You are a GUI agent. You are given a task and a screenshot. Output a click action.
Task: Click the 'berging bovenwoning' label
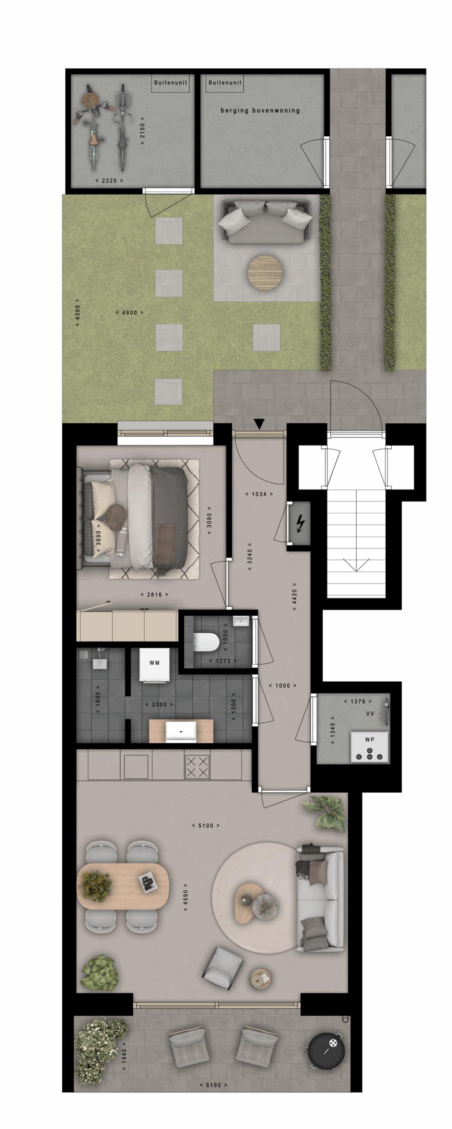tap(260, 110)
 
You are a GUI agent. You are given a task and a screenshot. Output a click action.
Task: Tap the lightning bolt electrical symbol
tap(300, 524)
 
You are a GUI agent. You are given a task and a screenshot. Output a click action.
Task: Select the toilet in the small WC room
tap(206, 642)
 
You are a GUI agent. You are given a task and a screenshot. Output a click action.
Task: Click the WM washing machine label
tap(154, 663)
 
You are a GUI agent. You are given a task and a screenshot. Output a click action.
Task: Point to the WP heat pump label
tap(369, 740)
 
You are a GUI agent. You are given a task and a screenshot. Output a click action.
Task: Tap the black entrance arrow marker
tap(259, 424)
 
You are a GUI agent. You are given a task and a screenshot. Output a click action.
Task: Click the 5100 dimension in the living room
tap(206, 826)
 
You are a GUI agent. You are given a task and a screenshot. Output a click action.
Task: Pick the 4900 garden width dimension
tap(129, 313)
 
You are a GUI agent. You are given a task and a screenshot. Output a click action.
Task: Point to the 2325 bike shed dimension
tap(109, 181)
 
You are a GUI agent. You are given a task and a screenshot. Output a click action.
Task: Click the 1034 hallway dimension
tap(259, 494)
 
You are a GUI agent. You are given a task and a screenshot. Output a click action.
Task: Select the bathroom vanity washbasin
tap(181, 731)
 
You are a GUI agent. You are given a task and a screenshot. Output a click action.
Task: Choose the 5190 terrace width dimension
tap(213, 1085)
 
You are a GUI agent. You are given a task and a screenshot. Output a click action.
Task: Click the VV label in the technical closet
tap(370, 713)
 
